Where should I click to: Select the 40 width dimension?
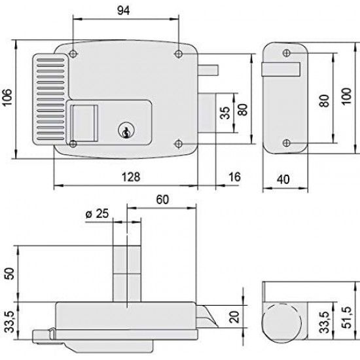(x=284, y=178)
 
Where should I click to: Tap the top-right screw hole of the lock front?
(x=179, y=52)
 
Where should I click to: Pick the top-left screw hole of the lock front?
(x=72, y=52)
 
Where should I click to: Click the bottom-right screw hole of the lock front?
(x=179, y=143)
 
